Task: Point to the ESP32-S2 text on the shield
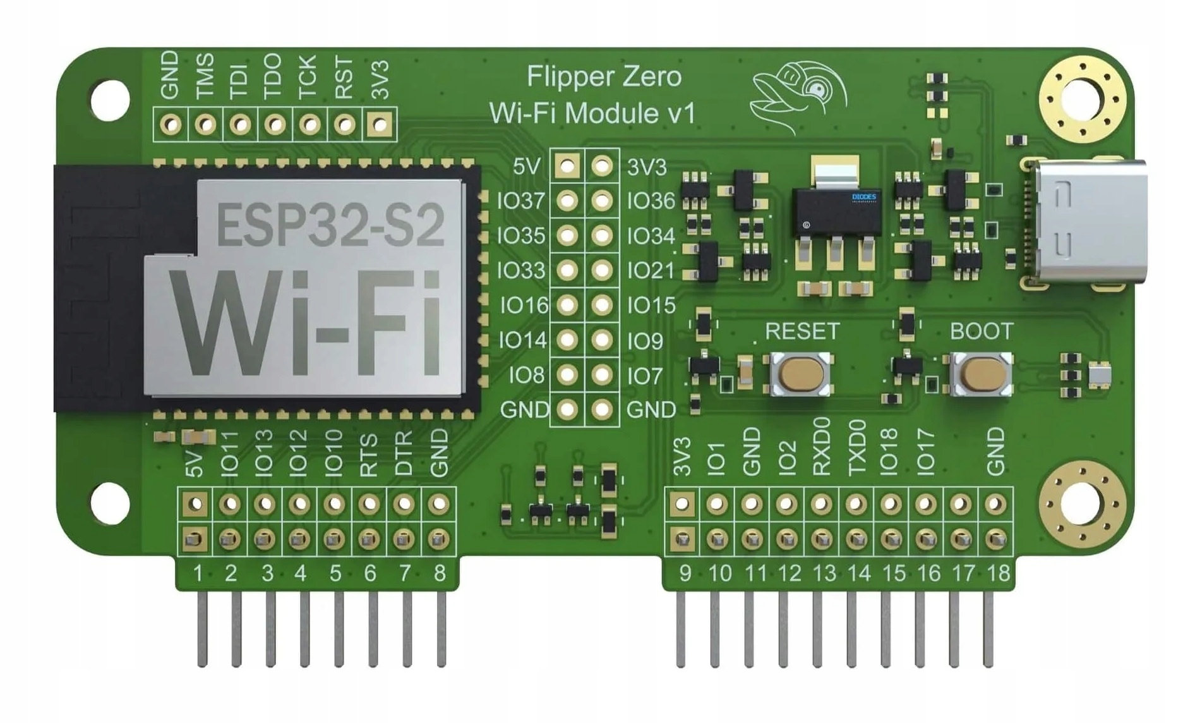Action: (330, 225)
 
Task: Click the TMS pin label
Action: (205, 76)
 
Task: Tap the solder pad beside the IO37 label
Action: (567, 201)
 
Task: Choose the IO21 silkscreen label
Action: (651, 271)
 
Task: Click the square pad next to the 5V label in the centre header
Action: (567, 167)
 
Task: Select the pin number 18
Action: (997, 573)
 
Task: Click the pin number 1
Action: (198, 573)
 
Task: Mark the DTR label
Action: (404, 453)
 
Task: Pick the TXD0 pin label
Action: (856, 447)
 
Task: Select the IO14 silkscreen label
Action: (522, 341)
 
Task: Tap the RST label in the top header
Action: (344, 78)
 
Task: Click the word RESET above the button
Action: (802, 331)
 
